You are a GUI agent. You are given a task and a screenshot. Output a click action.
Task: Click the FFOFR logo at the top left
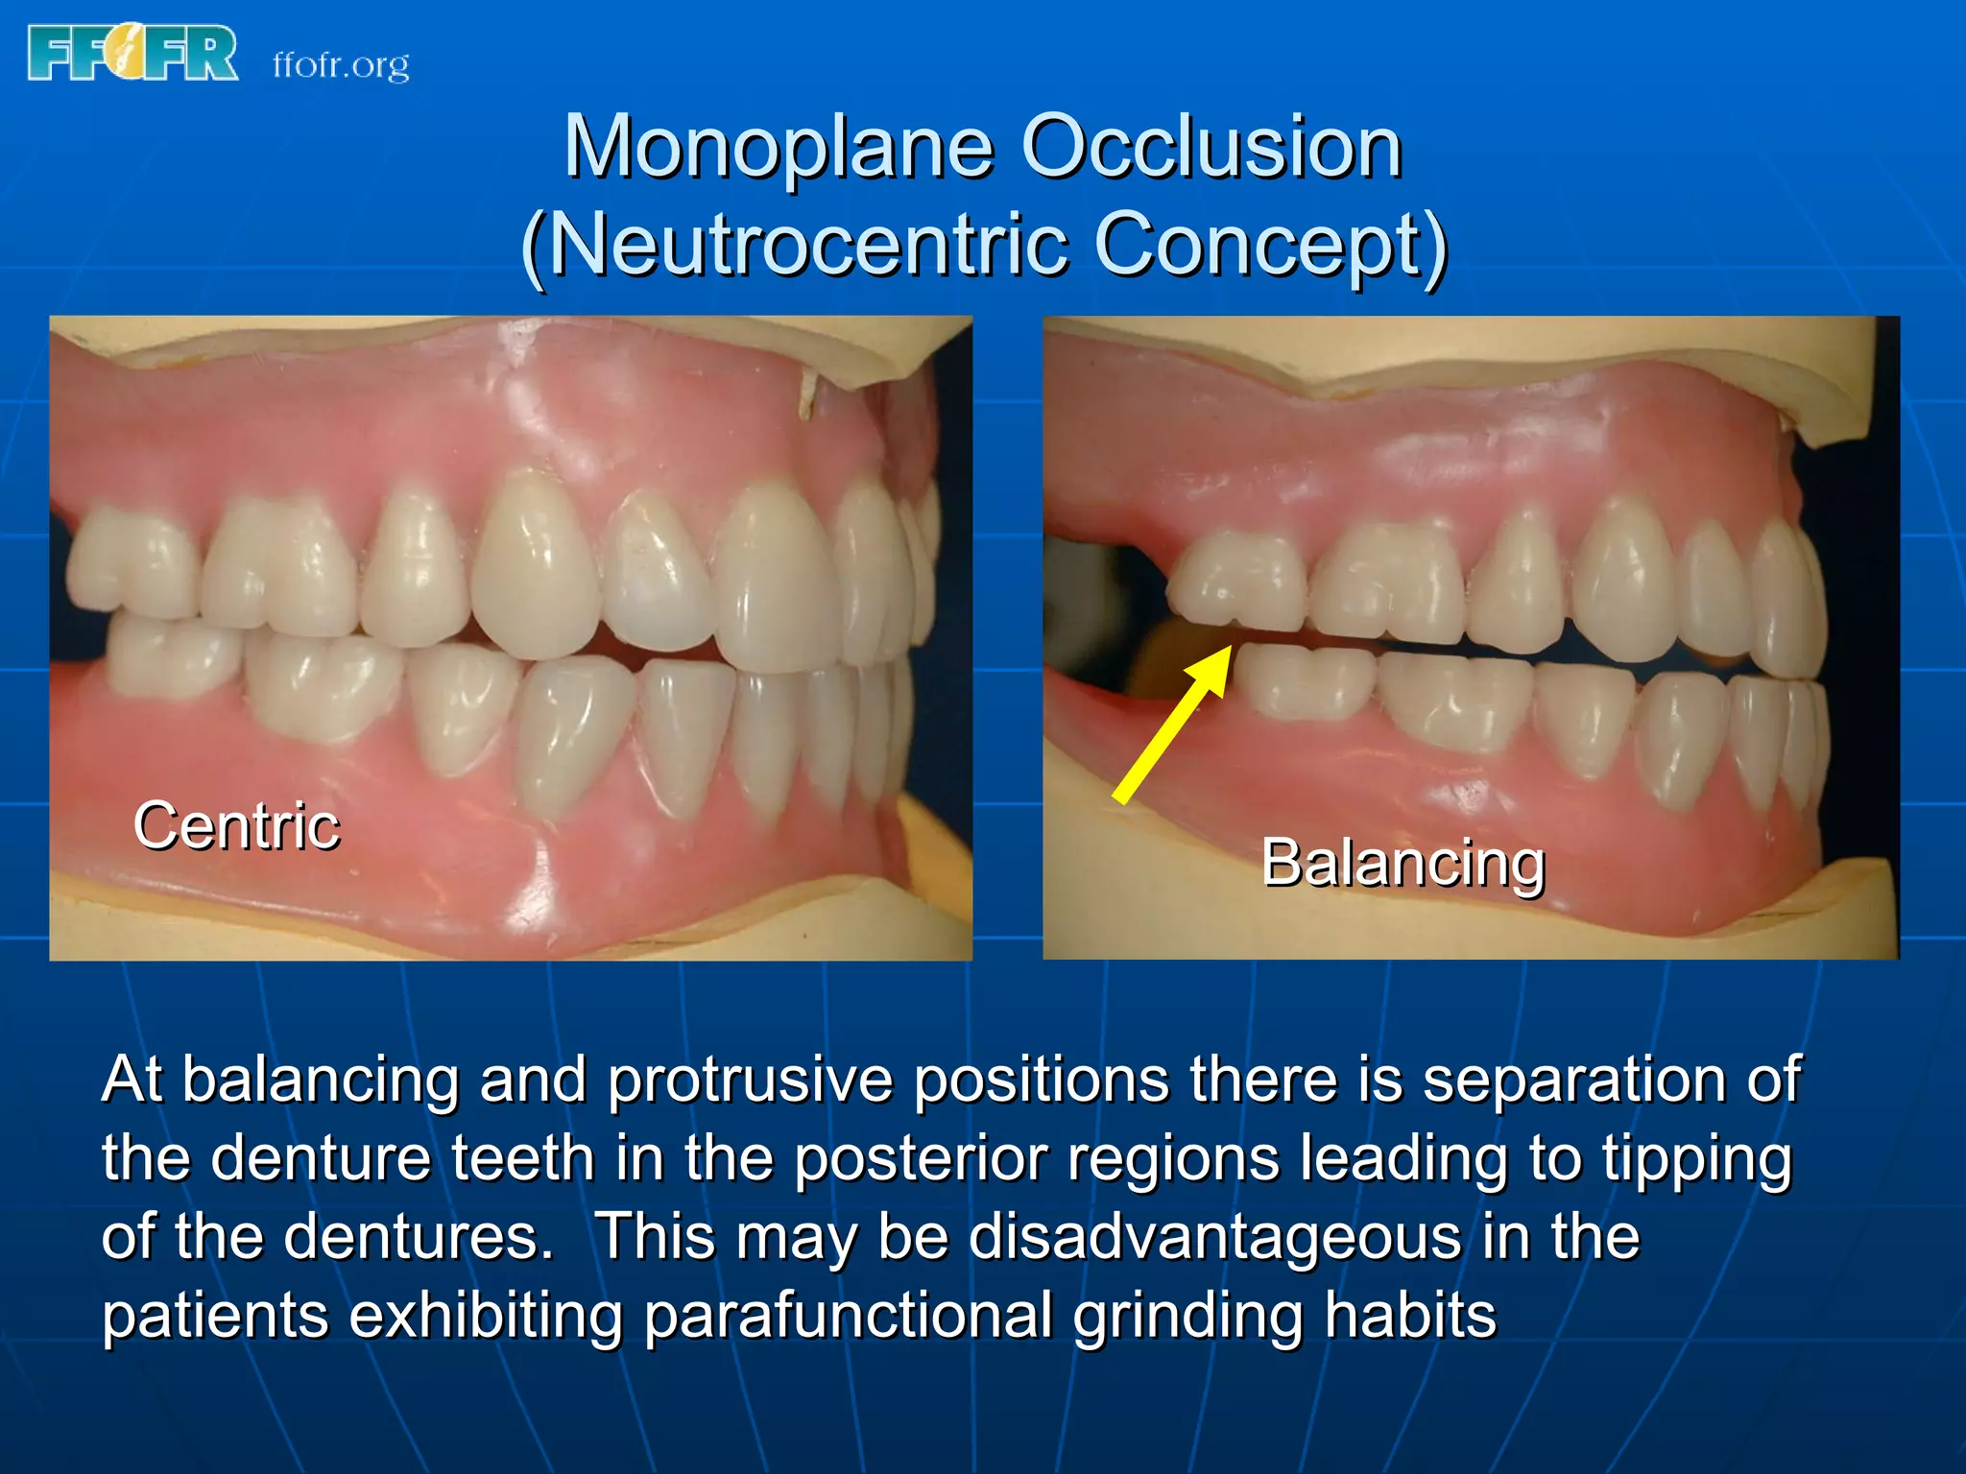(x=133, y=53)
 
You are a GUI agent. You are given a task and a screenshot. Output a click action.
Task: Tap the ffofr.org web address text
(x=341, y=65)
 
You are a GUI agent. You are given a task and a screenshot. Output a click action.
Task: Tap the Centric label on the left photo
(x=236, y=825)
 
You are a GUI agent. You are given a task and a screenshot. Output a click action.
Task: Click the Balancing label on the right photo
(x=1403, y=862)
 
